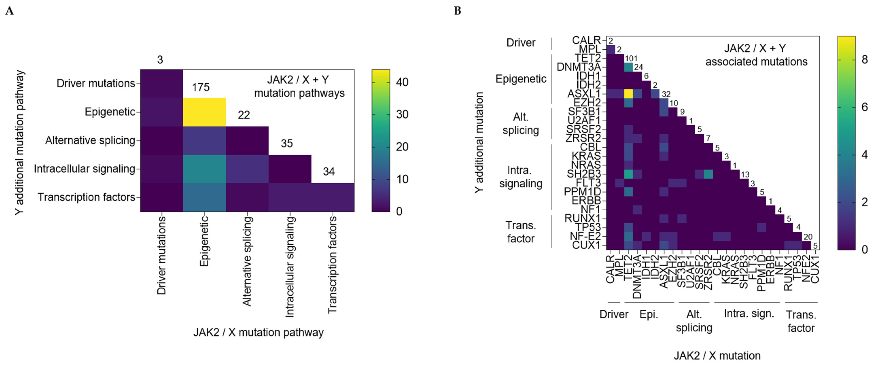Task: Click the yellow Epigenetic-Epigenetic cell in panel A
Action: [204, 112]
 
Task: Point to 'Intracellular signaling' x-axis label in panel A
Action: [289, 267]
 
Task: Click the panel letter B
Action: [457, 11]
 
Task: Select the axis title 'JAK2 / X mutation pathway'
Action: [258, 332]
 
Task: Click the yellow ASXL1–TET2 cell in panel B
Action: [628, 94]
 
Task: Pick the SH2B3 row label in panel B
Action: [583, 174]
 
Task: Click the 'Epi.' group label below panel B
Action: [649, 315]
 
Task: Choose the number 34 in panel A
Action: [329, 172]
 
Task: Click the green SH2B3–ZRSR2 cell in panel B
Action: [708, 174]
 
